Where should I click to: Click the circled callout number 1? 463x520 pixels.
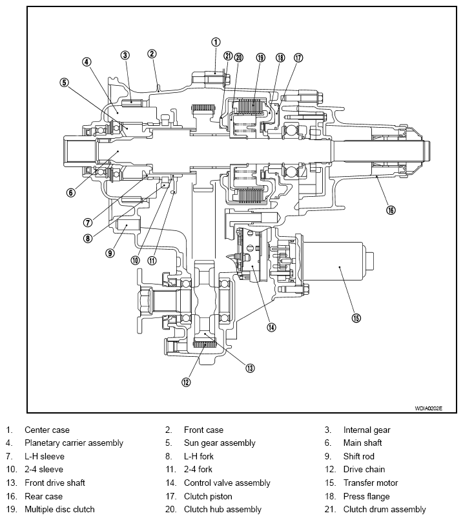[216, 42]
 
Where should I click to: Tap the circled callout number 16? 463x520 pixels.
[391, 210]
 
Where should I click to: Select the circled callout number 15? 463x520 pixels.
[356, 318]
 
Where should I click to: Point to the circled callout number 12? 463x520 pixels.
[186, 382]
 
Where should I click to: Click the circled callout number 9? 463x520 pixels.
[110, 253]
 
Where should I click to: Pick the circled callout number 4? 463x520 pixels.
[87, 62]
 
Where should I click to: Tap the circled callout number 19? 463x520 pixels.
[260, 57]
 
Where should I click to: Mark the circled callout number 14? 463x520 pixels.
[271, 327]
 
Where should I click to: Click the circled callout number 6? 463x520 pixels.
[70, 192]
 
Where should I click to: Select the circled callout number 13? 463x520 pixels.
[250, 368]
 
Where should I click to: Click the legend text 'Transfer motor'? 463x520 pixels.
[371, 483]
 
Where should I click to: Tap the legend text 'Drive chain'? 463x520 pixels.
[364, 469]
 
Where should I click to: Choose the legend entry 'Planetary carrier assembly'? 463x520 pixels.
[74, 443]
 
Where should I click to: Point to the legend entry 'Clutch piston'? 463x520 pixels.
[208, 497]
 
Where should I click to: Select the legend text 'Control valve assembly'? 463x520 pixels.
[227, 483]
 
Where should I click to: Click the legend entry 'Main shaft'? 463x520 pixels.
[362, 443]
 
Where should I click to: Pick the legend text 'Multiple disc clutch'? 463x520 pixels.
[60, 510]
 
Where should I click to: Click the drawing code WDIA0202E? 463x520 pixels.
[428, 408]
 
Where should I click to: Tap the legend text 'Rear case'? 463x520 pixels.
[43, 497]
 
